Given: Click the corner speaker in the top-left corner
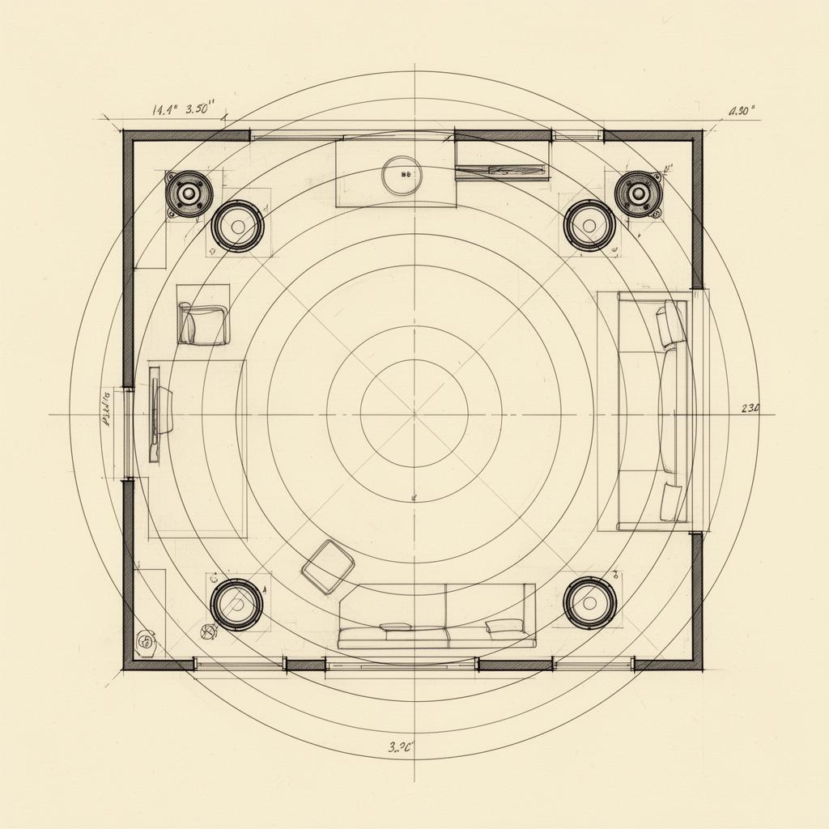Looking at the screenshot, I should point(189,194).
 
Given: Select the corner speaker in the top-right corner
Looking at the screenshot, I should point(638,194).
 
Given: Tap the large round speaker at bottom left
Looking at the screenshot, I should point(236,604).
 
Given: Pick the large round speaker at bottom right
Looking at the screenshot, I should point(590,603).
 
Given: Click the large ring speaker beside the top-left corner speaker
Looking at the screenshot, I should point(237,226).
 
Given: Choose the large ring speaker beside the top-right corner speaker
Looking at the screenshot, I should point(589,225).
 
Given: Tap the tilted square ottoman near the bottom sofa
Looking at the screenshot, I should point(328,567).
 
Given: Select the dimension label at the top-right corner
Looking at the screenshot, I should point(742,112).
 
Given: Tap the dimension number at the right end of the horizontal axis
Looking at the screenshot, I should point(750,409).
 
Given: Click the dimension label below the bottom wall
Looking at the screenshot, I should point(401,747).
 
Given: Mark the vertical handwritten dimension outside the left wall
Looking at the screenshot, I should point(105,410).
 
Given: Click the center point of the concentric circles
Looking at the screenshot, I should point(414,414).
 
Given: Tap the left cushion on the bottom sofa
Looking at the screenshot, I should point(396,627).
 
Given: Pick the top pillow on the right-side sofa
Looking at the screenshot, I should point(671,324).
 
